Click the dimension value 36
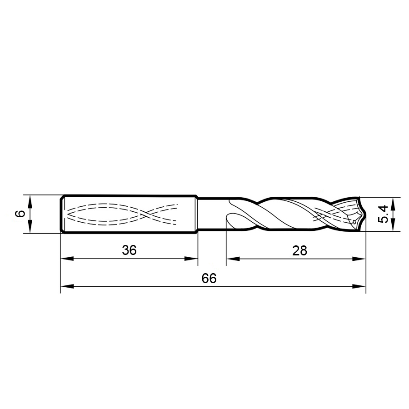coord(129,250)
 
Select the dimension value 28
coord(300,250)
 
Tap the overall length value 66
coord(209,278)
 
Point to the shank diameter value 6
coord(20,214)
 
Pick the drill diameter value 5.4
coord(383,214)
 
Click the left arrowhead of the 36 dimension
coord(67,259)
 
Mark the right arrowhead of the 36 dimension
coord(191,259)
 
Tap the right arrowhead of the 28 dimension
coord(359,259)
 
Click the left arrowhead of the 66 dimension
coord(67,286)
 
